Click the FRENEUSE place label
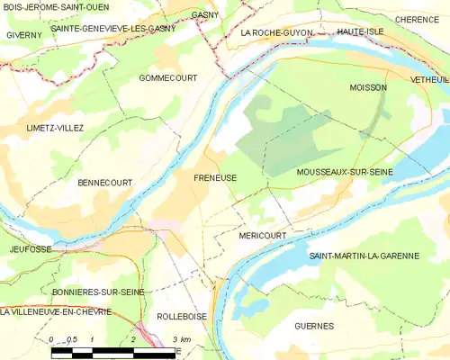(215, 178)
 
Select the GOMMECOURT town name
(168, 79)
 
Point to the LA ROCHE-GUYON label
(277, 32)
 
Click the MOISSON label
(367, 87)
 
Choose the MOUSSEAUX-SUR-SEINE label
(344, 171)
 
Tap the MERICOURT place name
(263, 235)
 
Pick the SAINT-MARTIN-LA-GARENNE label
(364, 256)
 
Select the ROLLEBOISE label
(183, 317)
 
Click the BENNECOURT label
(105, 183)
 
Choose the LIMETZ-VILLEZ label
(55, 128)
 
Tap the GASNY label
(205, 16)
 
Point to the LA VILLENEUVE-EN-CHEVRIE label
(56, 312)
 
